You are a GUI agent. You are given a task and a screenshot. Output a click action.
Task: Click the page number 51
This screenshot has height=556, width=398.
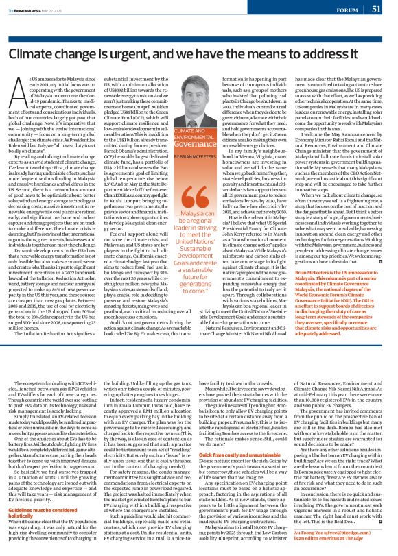(377, 8)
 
